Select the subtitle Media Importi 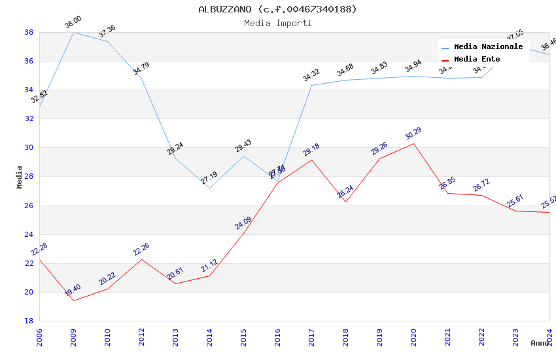(277, 24)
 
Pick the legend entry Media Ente (477, 60)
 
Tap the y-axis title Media (20, 177)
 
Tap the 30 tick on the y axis (29, 148)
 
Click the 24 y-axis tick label (29, 234)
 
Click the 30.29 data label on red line (413, 134)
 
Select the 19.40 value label (73, 291)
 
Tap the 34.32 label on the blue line (311, 76)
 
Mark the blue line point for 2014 (209, 188)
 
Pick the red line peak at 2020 (413, 143)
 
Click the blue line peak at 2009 (73, 32)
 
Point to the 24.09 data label (243, 223)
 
